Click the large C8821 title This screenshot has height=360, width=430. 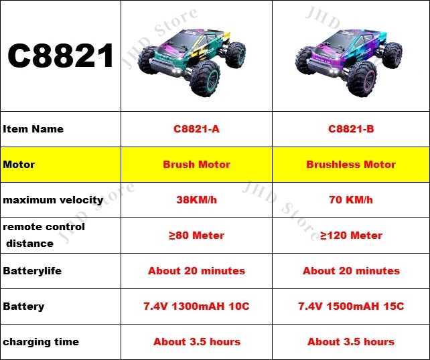click(x=61, y=56)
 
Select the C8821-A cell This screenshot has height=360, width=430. click(x=196, y=129)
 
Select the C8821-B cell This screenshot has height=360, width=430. click(x=351, y=129)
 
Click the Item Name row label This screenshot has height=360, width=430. click(x=33, y=129)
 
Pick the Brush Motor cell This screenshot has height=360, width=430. click(x=196, y=165)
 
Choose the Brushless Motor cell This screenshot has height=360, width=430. click(x=351, y=165)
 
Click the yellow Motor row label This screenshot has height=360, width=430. click(x=19, y=165)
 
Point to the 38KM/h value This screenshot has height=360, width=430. click(x=196, y=200)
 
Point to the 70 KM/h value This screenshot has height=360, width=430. click(x=351, y=200)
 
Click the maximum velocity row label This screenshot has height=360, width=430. click(x=53, y=200)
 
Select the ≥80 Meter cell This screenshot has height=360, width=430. click(x=196, y=236)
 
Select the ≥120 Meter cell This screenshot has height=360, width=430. click(x=351, y=236)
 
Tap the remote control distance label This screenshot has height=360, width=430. click(x=44, y=235)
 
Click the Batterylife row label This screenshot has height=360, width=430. click(x=34, y=271)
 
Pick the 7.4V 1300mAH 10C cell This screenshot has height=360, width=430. click(x=196, y=306)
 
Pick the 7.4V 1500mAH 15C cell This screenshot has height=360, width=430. click(x=351, y=306)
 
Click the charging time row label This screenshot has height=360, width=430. click(x=41, y=342)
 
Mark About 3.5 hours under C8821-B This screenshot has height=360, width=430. click(x=351, y=342)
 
